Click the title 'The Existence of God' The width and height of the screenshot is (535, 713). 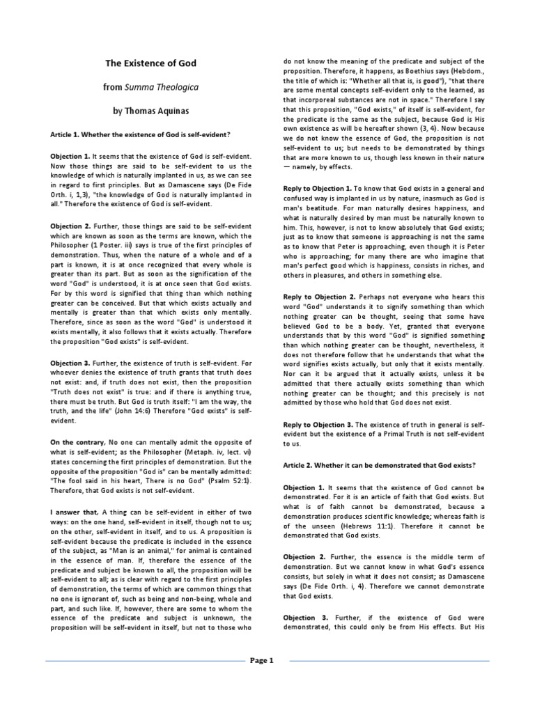[150, 63]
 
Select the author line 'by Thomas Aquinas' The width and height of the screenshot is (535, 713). [150, 111]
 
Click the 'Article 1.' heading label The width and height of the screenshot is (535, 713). [66, 133]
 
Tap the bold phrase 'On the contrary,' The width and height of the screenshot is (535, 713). [76, 442]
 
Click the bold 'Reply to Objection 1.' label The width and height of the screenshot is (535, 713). [317, 189]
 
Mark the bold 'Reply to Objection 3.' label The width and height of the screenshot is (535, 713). [317, 424]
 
